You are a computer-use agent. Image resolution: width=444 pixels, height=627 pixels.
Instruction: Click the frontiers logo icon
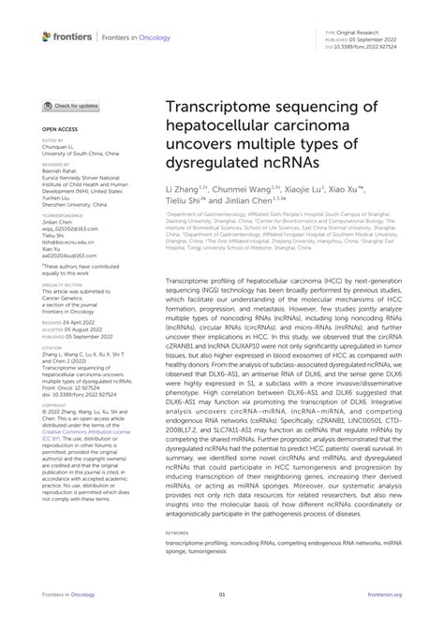(x=47, y=36)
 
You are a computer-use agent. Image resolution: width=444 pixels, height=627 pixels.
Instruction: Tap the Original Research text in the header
(x=370, y=31)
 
